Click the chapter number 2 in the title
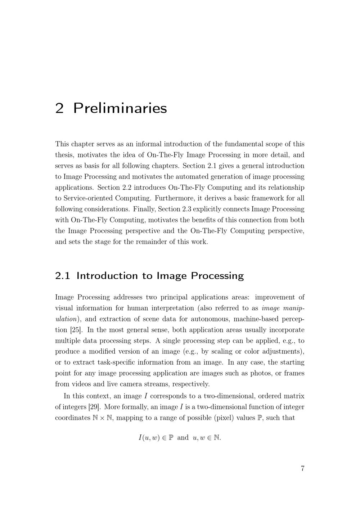(x=59, y=108)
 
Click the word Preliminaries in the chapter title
(x=120, y=108)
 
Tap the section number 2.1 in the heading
(x=63, y=276)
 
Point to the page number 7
(x=302, y=468)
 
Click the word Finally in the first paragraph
(x=144, y=209)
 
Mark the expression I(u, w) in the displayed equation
(x=149, y=438)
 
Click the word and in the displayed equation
(x=183, y=438)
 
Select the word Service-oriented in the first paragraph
(x=88, y=198)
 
